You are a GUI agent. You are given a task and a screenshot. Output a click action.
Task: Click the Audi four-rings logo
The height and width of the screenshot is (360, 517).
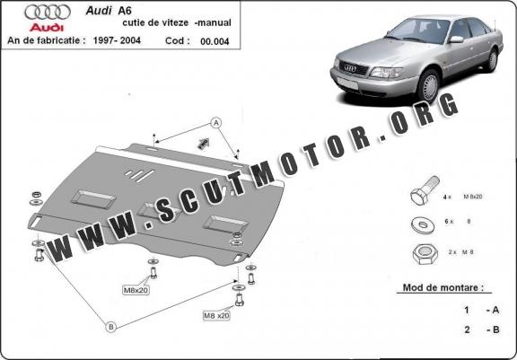tap(48, 13)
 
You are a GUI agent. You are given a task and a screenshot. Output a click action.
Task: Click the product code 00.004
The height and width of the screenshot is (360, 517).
tap(215, 41)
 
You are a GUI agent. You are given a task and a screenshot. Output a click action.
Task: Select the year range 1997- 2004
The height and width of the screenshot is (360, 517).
tap(117, 40)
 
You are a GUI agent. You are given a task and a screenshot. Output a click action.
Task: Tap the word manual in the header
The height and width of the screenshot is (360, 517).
tap(215, 22)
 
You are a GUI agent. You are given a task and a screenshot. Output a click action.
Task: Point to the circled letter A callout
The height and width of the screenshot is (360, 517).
tap(216, 123)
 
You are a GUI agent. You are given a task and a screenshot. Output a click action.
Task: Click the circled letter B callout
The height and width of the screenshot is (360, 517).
tap(111, 327)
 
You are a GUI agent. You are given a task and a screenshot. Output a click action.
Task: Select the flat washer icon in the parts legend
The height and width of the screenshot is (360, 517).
tap(423, 224)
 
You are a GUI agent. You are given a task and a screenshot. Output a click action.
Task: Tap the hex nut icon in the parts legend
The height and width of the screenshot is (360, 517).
tap(425, 254)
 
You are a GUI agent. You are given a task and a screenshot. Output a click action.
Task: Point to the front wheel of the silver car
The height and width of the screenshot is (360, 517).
tap(428, 86)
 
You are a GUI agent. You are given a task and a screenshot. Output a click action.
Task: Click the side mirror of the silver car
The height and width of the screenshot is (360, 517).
tap(456, 40)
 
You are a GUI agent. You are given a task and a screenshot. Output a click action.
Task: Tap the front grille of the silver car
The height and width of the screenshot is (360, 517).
tap(353, 67)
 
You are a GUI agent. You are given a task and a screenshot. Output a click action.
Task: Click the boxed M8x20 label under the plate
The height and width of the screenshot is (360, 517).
tap(136, 290)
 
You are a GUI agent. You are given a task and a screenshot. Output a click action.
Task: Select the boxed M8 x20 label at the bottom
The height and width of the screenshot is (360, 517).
tap(216, 315)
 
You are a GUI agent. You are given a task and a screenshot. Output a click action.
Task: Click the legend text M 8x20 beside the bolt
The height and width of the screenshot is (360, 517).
tap(473, 197)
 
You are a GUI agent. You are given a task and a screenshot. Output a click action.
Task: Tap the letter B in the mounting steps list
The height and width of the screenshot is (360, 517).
tap(495, 329)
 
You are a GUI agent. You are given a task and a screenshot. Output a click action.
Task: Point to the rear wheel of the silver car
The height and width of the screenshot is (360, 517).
tap(492, 60)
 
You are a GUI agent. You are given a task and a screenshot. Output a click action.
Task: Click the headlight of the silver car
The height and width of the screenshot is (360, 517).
tap(386, 72)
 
